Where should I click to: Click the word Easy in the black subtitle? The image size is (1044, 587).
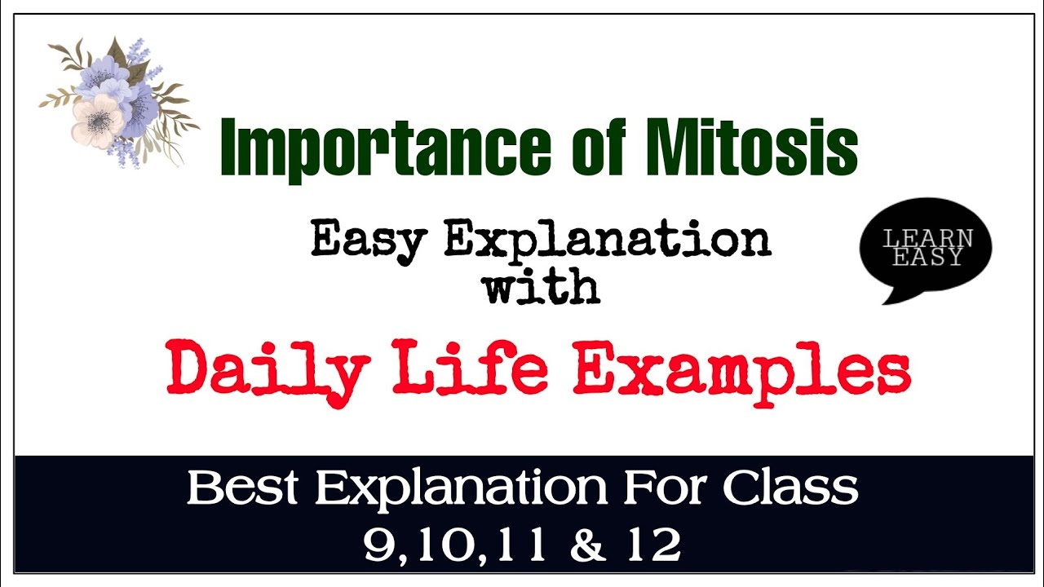[369, 240]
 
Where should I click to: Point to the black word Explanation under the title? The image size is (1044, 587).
[607, 240]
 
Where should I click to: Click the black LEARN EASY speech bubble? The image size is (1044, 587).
[927, 248]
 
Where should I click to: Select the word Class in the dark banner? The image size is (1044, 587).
[790, 488]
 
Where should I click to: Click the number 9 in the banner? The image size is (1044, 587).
[378, 545]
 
